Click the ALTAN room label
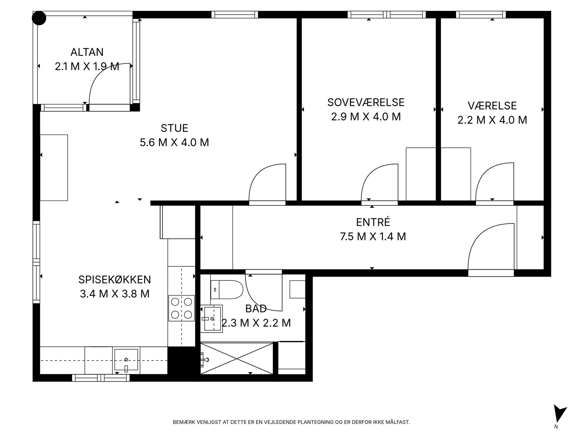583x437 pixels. pos(87,52)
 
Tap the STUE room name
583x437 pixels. pos(174,128)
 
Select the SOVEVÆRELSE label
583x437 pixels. pos(366,102)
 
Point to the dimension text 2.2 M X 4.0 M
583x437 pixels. pos(492,120)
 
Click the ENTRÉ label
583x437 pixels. pos(373,222)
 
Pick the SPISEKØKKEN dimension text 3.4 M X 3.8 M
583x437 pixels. pos(115,294)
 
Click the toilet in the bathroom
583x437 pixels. pos(227,290)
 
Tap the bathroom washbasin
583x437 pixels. pos(212,319)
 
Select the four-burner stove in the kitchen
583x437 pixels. pos(181,308)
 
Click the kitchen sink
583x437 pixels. pos(126,360)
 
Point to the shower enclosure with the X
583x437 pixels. pos(237,358)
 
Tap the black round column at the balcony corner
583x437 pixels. pos(39,18)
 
